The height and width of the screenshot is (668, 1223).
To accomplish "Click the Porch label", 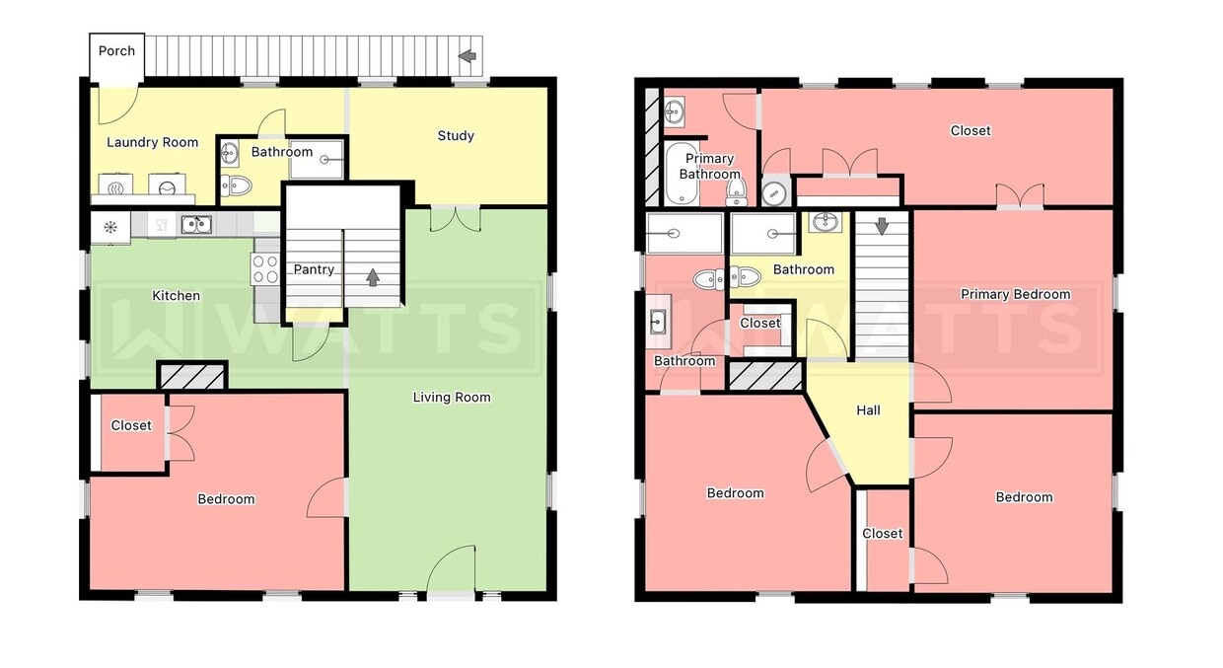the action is point(116,50).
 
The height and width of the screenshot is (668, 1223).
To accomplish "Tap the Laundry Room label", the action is point(152,142).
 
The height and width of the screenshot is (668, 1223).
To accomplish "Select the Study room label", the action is point(456,136).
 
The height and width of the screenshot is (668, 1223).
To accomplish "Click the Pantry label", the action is point(314,269).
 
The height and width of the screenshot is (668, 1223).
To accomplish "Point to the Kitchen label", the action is point(176,295).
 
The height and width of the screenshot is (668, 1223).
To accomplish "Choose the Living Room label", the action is point(452,397).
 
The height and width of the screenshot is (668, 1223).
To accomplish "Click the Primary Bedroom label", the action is point(1015,294).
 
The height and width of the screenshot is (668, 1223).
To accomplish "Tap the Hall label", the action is point(868,410).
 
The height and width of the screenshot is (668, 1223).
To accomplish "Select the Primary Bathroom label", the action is point(709,166).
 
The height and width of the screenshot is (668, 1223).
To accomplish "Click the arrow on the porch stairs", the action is point(467,55).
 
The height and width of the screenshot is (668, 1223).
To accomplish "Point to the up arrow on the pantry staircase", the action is point(373,277).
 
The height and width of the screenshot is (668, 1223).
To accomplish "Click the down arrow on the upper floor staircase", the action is point(882,226).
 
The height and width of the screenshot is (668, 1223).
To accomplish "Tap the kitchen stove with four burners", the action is point(264,268).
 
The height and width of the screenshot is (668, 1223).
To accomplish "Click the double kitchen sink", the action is point(196,225).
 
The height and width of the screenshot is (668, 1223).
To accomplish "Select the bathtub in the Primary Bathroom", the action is point(682,173).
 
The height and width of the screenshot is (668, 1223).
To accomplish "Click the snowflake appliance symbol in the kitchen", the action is point(110,227).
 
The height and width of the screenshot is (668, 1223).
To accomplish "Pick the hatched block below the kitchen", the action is point(191,377).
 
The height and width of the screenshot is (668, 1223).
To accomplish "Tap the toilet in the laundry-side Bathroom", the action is point(236,186).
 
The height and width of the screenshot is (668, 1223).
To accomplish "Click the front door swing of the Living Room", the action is point(450,568).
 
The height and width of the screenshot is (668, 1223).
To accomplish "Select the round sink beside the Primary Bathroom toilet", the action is point(774,192).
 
